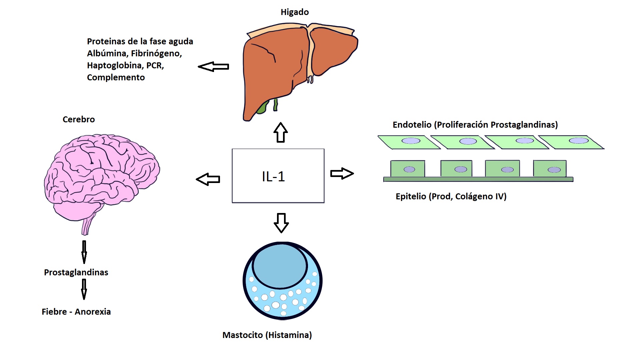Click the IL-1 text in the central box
[273, 177]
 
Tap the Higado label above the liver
[295, 12]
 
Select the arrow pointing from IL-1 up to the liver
[281, 132]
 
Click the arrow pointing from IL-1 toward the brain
[208, 179]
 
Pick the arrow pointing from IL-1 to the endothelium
[342, 174]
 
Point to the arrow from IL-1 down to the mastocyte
[281, 223]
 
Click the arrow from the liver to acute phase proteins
[213, 67]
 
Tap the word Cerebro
[79, 119]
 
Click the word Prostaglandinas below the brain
[76, 272]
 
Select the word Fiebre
[54, 312]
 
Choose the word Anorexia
[93, 312]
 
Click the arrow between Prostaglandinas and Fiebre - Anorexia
[84, 289]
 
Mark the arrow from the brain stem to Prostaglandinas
[84, 252]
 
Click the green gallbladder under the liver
[263, 107]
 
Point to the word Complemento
[116, 77]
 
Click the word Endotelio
[412, 125]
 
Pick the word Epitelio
[411, 196]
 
